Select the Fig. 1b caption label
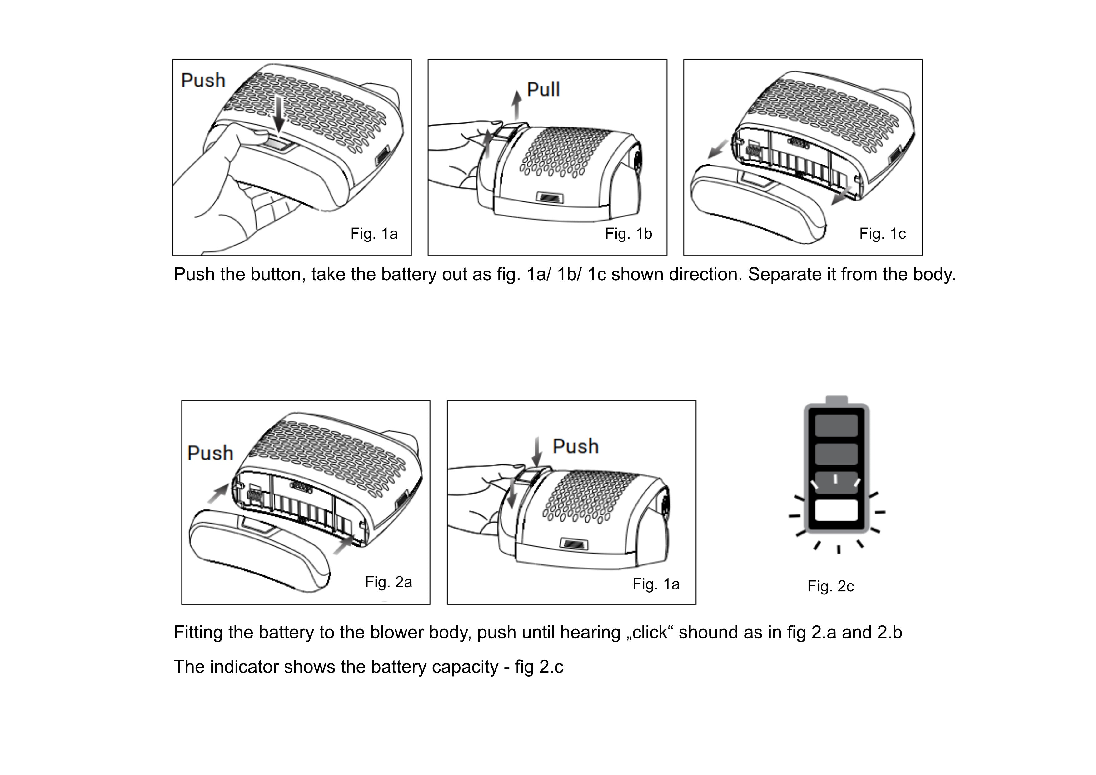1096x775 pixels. pos(628,233)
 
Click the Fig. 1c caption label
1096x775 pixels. pos(883,233)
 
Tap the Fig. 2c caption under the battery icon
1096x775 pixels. pos(831,586)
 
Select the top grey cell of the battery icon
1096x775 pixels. pos(836,425)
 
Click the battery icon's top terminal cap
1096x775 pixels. pos(836,400)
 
